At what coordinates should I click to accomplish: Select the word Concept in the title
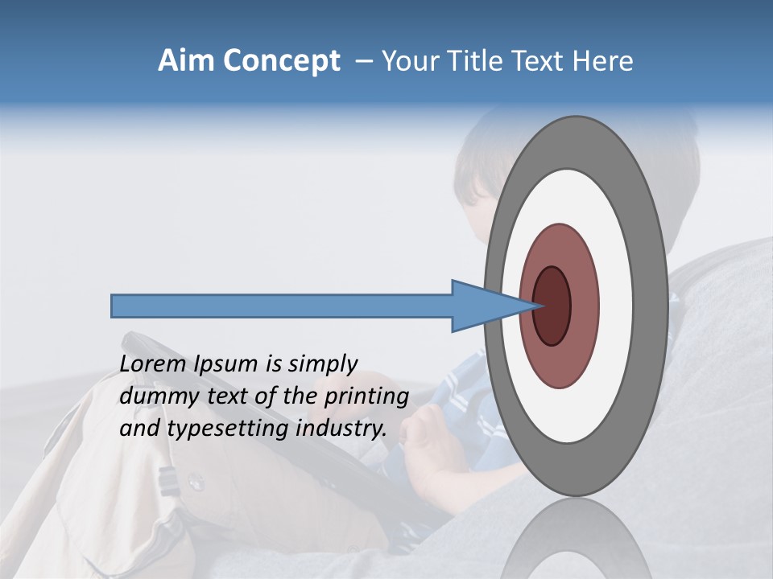click(x=281, y=62)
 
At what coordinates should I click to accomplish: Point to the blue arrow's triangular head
click(x=483, y=306)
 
